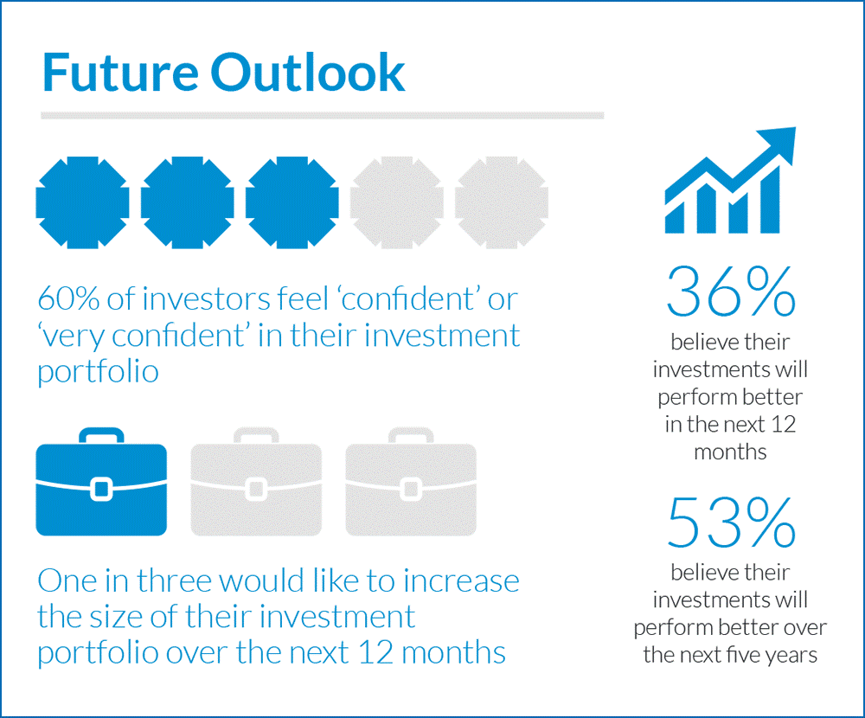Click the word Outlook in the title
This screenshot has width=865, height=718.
click(307, 73)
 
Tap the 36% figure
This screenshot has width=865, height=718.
click(731, 292)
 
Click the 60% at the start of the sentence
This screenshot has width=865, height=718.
click(67, 299)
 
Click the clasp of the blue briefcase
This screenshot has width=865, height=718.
click(101, 489)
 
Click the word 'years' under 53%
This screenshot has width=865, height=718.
click(789, 655)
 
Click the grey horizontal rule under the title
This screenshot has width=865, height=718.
click(322, 115)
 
